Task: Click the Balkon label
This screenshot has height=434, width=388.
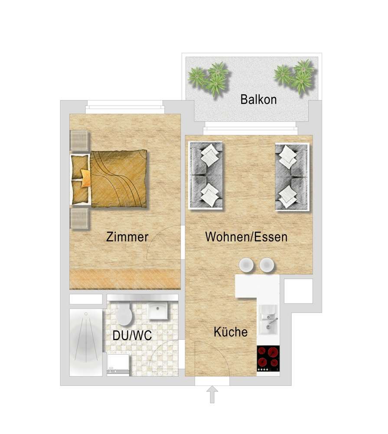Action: [258, 99]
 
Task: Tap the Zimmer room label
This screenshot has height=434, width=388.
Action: [127, 237]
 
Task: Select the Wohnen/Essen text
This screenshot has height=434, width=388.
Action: [246, 237]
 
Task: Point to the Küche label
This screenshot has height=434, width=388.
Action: [231, 332]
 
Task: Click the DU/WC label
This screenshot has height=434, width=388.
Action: [132, 335]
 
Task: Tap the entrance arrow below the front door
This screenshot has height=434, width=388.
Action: [212, 395]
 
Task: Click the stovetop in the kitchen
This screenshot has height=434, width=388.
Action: [268, 358]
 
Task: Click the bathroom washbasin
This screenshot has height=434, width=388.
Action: [158, 310]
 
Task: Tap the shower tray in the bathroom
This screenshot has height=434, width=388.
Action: [86, 342]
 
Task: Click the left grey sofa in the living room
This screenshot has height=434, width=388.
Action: [205, 175]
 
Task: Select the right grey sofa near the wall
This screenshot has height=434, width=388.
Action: [292, 177]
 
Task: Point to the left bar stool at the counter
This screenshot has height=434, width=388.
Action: [246, 265]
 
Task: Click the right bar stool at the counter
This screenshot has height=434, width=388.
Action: [267, 265]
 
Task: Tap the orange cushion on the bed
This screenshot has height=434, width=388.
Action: [86, 178]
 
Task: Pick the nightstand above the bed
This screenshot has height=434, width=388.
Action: [79, 141]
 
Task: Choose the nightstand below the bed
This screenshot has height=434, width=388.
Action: [79, 219]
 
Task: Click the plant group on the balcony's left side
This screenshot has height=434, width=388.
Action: [209, 78]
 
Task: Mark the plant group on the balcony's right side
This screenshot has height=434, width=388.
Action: [294, 76]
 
